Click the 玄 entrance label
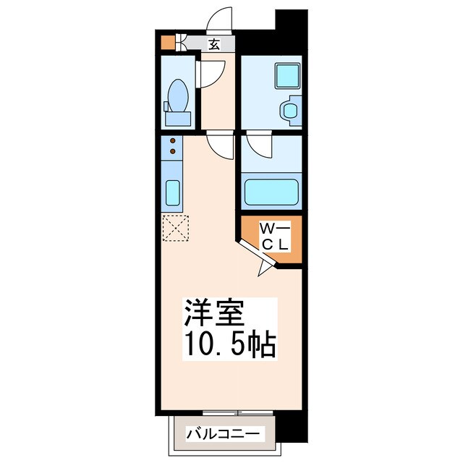[214, 44]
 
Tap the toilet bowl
[178, 94]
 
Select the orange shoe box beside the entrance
[167, 42]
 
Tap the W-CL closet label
[275, 237]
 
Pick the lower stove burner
[173, 152]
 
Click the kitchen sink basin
[173, 192]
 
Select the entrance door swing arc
[221, 19]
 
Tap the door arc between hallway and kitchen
[219, 148]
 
